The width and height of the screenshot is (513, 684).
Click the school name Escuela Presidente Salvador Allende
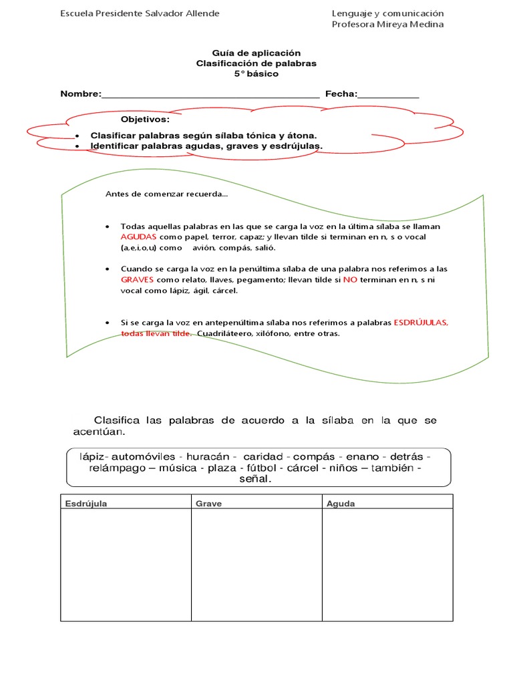click(x=140, y=13)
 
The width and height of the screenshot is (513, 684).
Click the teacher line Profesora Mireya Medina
click(x=387, y=25)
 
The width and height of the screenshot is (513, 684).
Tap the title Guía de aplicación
click(x=256, y=53)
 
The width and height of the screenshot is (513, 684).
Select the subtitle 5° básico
click(x=256, y=74)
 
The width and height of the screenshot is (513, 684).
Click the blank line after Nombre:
click(x=210, y=94)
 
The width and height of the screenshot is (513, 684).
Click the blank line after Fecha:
click(x=389, y=94)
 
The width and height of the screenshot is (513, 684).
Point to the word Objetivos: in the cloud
click(x=145, y=120)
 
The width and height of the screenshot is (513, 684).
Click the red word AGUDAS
click(x=139, y=237)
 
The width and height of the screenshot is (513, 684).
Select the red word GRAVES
click(x=138, y=280)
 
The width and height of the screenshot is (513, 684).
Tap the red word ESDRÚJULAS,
click(x=421, y=323)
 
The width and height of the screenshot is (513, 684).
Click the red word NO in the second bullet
click(x=350, y=280)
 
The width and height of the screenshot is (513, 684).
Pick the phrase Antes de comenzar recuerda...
click(x=166, y=194)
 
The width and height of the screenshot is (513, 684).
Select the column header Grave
click(x=208, y=504)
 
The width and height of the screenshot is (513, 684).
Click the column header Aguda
click(x=341, y=504)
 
